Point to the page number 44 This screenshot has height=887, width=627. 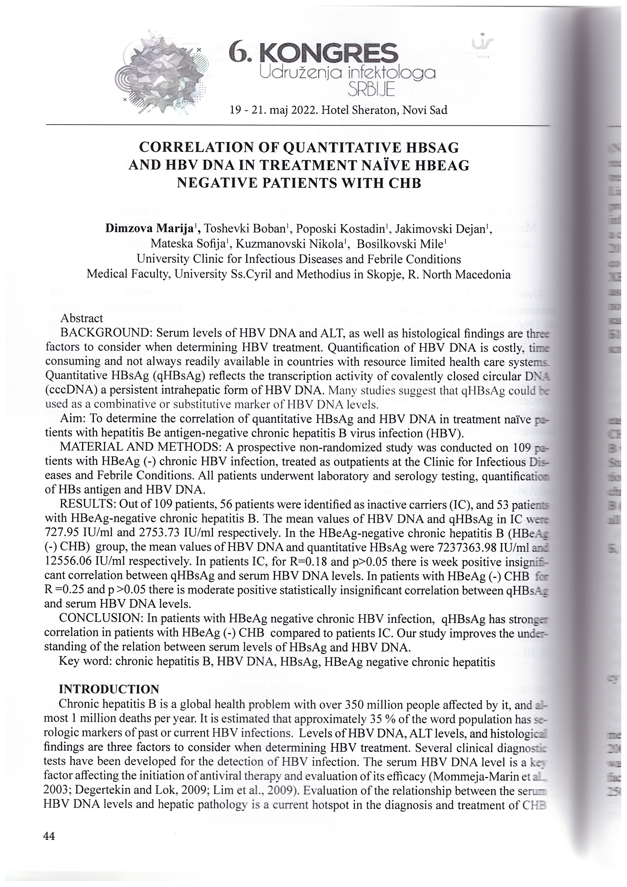coord(50,836)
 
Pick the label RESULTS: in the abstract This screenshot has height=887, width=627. coord(87,505)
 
